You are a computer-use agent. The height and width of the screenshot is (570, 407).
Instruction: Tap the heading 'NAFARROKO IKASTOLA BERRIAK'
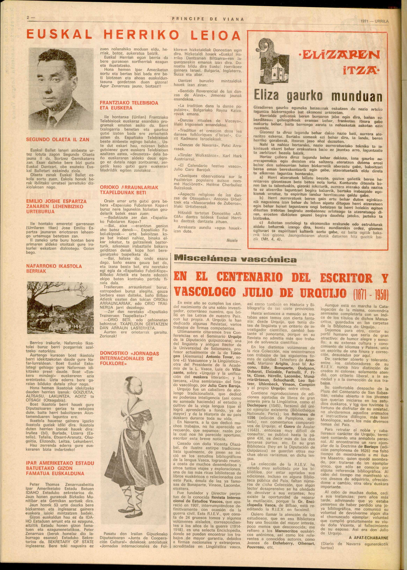point(54,268)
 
